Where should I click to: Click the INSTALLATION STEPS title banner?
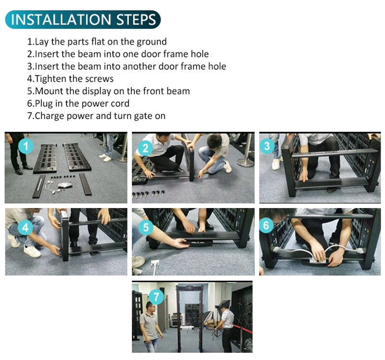click(83, 19)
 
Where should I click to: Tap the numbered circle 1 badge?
click(26, 146)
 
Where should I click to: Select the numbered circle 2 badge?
click(145, 148)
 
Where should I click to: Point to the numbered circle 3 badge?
click(267, 146)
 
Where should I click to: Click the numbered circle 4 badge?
click(26, 227)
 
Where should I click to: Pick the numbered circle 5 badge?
click(146, 227)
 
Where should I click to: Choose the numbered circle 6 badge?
click(266, 225)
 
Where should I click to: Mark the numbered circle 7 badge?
click(156, 297)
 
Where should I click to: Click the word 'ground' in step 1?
click(152, 42)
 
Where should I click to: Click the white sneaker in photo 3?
click(276, 164)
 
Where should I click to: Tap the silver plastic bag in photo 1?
click(65, 185)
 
